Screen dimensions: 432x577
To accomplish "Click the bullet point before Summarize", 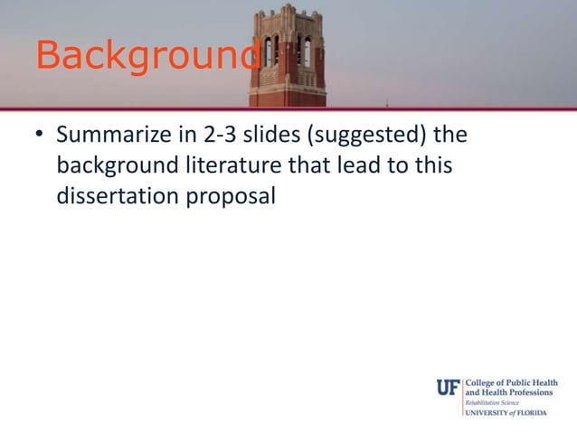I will coord(39,138).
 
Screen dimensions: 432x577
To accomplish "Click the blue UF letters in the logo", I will coord(448,388).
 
